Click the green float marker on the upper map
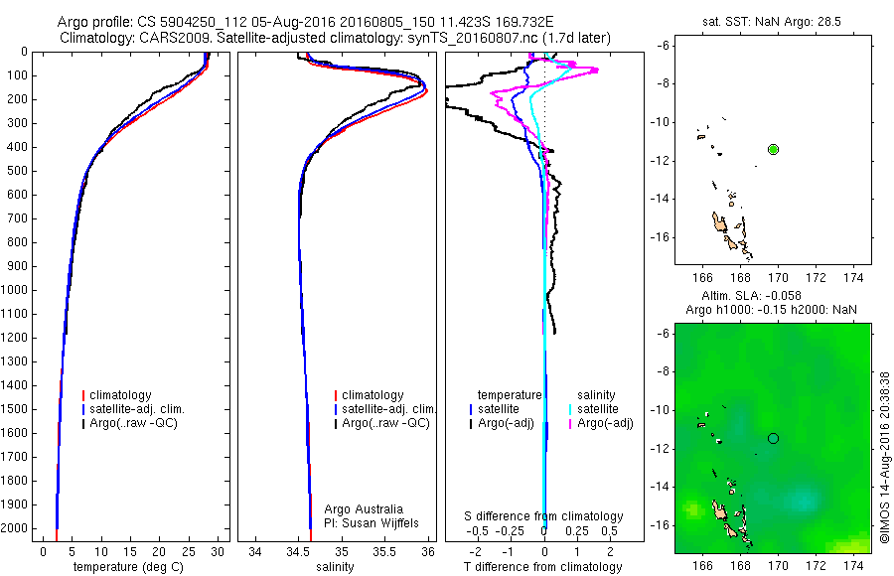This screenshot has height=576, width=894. click(x=774, y=149)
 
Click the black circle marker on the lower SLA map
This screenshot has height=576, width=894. click(x=774, y=438)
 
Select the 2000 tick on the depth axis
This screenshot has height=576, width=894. click(x=17, y=529)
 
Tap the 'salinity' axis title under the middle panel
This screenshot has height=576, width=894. click(x=335, y=567)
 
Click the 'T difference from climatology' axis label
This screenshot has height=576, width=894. click(x=543, y=567)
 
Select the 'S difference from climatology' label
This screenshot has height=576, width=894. click(x=543, y=516)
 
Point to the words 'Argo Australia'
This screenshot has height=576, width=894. click(x=364, y=509)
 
